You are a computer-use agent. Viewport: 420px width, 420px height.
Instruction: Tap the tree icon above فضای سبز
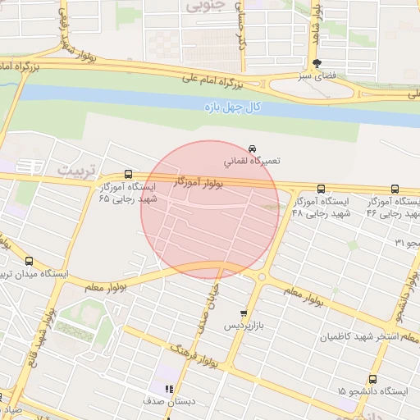pos(318,63)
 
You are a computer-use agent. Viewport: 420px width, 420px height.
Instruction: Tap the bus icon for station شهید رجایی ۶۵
pos(128,174)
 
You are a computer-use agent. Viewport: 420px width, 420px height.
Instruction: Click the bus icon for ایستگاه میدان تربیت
pos(29,261)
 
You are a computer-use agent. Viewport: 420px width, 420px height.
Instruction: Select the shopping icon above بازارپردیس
pos(243,313)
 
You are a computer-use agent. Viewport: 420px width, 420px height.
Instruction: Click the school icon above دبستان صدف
pos(168,390)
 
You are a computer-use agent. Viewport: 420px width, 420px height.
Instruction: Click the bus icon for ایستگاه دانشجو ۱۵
pos(373,379)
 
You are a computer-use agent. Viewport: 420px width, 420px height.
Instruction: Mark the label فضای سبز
pos(319,75)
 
